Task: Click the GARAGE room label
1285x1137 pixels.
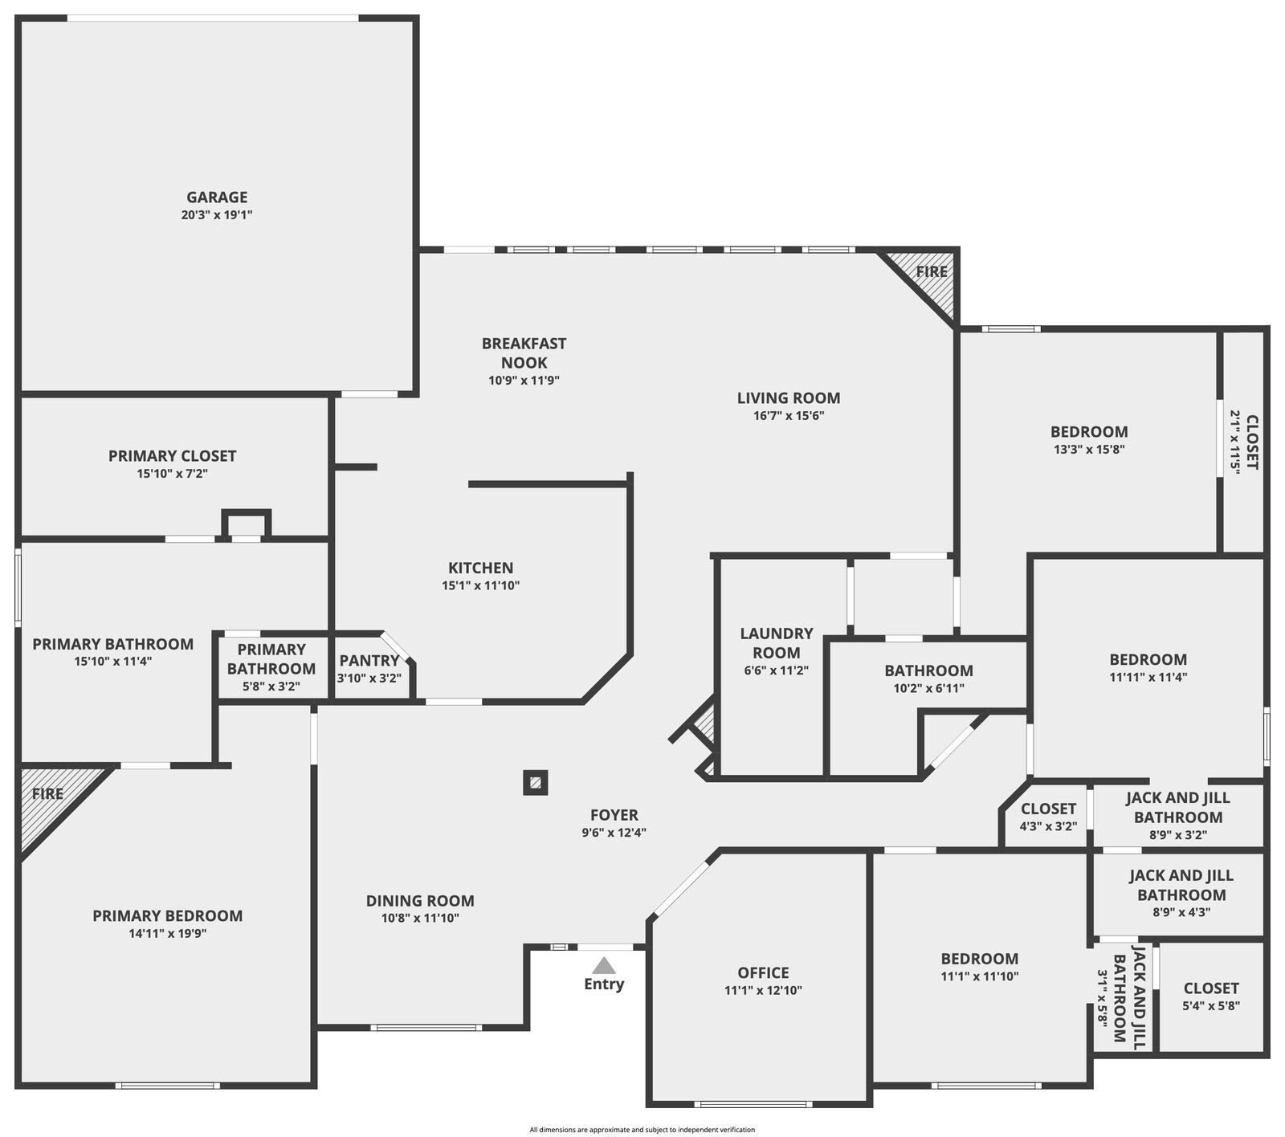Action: (217, 198)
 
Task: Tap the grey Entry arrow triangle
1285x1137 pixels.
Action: (604, 965)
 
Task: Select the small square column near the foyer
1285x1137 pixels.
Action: (536, 782)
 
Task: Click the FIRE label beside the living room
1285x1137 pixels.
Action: (932, 271)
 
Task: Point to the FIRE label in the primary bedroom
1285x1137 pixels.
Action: (47, 794)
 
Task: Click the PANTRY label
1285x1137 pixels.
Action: (369, 661)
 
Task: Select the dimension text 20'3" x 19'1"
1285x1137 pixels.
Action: (217, 215)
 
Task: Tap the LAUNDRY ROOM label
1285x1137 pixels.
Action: (777, 643)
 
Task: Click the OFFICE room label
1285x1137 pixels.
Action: (763, 973)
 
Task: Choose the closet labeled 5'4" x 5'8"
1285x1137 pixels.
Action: (1211, 996)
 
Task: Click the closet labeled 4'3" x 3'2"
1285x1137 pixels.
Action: (1048, 817)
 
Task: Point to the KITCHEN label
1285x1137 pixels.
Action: (480, 568)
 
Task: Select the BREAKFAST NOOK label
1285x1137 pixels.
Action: (524, 353)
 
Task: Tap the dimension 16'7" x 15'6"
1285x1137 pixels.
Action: (789, 416)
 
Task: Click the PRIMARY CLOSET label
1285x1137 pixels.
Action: (172, 456)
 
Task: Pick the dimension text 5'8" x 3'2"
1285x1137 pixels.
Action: (271, 687)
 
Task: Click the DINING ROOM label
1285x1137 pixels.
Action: (420, 901)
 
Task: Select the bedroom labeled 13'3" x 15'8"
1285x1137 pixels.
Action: (1089, 440)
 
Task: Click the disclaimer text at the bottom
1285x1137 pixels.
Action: (642, 1130)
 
